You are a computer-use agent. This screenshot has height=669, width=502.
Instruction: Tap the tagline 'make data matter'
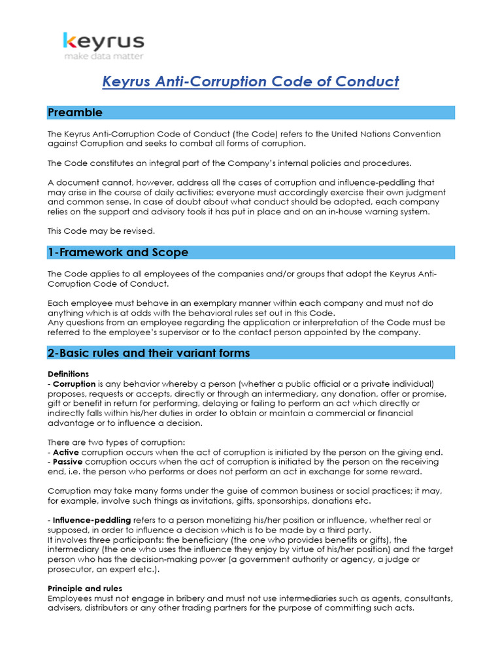(x=104, y=57)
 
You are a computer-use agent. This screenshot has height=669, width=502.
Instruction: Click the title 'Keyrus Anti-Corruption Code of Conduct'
(x=250, y=82)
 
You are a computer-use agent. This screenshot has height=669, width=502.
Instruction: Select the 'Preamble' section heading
(x=75, y=112)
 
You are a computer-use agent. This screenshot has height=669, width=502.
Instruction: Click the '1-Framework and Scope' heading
(x=118, y=252)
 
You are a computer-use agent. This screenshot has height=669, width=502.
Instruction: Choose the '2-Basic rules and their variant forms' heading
(x=148, y=353)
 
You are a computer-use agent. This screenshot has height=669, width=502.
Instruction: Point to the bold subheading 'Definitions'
(x=68, y=374)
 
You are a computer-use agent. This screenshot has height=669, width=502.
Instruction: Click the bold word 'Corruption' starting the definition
(x=74, y=383)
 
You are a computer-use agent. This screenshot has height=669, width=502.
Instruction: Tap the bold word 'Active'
(x=65, y=452)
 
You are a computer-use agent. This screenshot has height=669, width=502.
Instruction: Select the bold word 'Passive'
(x=68, y=462)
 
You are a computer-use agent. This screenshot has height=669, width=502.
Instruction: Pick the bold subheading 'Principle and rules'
(x=84, y=589)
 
